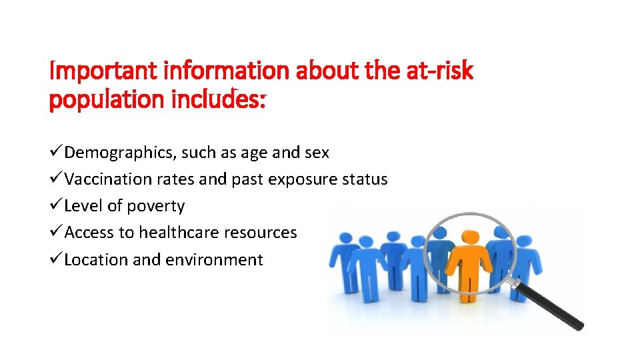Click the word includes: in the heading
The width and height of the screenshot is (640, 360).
(218, 100)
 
